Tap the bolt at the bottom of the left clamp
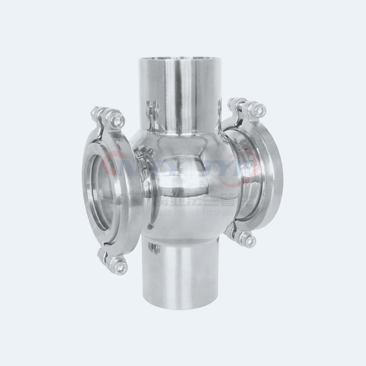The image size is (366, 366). [x=120, y=267]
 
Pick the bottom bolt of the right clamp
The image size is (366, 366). [x=249, y=239]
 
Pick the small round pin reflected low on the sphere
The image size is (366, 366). [x=150, y=226]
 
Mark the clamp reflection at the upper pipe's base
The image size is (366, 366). [x=154, y=112]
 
